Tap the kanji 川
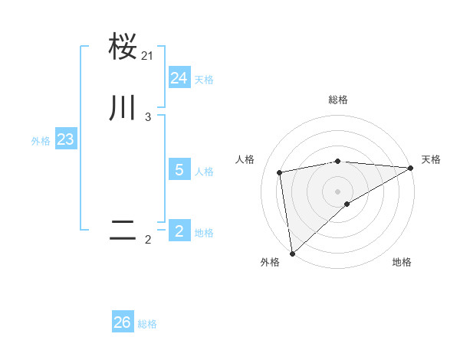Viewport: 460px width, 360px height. pyautogui.click(x=123, y=108)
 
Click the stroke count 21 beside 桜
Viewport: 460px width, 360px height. pyautogui.click(x=148, y=55)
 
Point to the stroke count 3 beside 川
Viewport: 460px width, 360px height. pyautogui.click(x=148, y=117)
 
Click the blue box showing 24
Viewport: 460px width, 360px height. pyautogui.click(x=179, y=78)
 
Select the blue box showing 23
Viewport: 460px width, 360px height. pyautogui.click(x=65, y=140)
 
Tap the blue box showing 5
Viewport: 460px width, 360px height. pyautogui.click(x=179, y=170)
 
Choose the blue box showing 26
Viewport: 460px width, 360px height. pyautogui.click(x=123, y=322)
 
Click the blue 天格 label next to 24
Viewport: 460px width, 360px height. pyautogui.click(x=204, y=80)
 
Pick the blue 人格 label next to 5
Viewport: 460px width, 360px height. pyautogui.click(x=204, y=172)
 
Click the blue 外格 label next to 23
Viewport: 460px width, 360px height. pyautogui.click(x=41, y=142)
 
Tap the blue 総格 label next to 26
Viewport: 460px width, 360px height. pyautogui.click(x=147, y=324)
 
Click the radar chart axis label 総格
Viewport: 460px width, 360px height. pyautogui.click(x=338, y=100)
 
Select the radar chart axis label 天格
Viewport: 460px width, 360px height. pyautogui.click(x=431, y=159)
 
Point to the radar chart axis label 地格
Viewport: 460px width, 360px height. pyautogui.click(x=402, y=262)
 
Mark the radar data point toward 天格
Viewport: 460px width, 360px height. pyautogui.click(x=411, y=168)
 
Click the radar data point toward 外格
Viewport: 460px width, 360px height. pyautogui.click(x=292, y=253)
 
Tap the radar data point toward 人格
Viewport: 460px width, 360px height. pyautogui.click(x=280, y=172)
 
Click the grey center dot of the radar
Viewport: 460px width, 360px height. pyautogui.click(x=338, y=191)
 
